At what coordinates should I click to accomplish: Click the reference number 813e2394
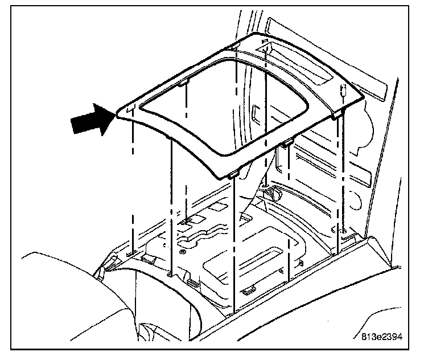tap(381, 336)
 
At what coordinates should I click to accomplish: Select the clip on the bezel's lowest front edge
tap(233, 175)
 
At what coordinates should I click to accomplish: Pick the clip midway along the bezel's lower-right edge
tap(286, 142)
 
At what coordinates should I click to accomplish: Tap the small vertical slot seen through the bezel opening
tap(256, 112)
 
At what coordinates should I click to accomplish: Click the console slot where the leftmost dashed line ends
tap(131, 251)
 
